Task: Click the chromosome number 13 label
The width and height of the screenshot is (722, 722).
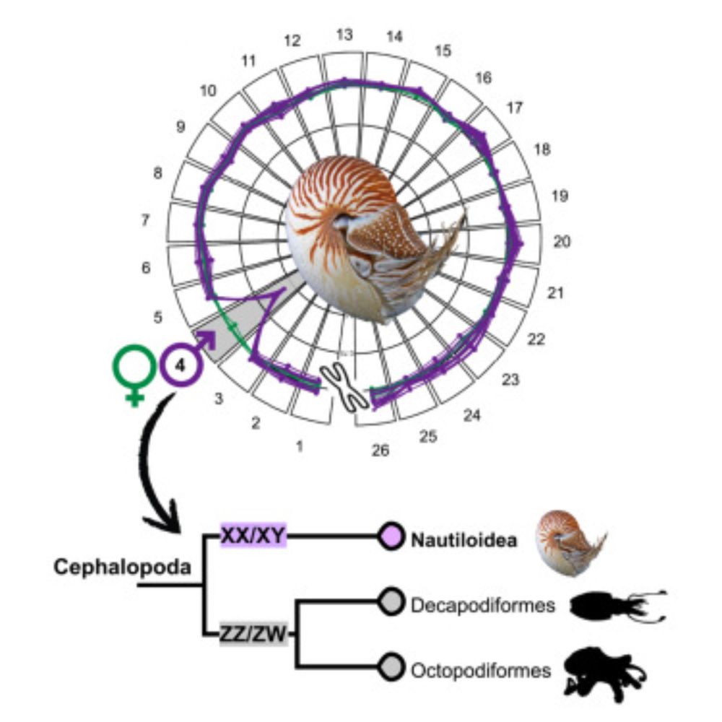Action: click(344, 35)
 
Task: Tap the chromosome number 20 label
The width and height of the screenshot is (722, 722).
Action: click(562, 241)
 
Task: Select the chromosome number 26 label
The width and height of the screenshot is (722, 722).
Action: click(380, 451)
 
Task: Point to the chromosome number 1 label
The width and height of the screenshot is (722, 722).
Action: click(299, 446)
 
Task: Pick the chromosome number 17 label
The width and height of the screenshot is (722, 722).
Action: click(514, 108)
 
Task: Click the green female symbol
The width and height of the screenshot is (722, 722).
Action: click(134, 371)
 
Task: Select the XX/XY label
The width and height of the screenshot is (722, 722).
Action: click(253, 536)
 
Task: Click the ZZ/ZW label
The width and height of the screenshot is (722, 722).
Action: click(253, 635)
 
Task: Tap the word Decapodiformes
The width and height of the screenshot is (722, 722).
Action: click(482, 605)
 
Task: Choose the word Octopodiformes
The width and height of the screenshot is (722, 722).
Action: click(481, 671)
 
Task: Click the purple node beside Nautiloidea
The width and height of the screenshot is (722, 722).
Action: click(391, 536)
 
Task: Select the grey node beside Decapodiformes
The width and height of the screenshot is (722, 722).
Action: click(391, 603)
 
